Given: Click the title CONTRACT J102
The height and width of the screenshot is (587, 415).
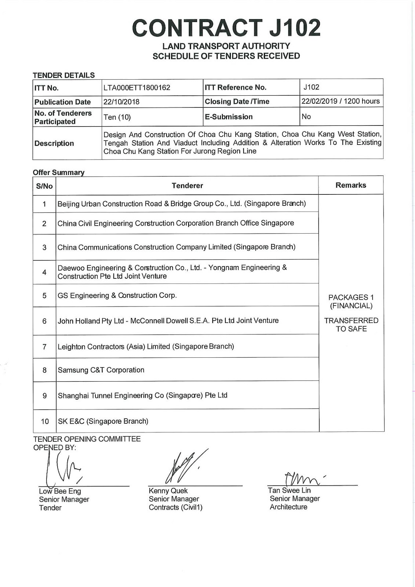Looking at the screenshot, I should [226, 28].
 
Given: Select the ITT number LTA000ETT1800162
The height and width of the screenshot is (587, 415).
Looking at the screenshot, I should [136, 88].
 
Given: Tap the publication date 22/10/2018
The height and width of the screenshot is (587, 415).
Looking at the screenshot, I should [121, 102].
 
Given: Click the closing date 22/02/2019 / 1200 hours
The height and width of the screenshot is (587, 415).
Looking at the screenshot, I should [341, 101].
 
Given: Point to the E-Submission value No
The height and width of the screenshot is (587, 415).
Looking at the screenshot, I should [306, 117].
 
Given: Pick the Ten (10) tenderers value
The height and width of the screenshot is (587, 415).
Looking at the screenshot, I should [117, 117].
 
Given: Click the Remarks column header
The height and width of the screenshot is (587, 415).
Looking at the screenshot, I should [350, 185].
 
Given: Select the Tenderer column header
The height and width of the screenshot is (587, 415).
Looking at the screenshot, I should [187, 186].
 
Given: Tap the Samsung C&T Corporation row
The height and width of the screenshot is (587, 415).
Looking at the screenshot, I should [101, 370].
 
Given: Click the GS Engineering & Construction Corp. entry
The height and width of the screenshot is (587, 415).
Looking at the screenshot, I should [117, 295].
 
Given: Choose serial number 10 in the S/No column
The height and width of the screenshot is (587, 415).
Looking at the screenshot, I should [45, 421].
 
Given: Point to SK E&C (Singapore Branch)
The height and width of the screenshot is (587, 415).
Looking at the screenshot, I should [103, 421].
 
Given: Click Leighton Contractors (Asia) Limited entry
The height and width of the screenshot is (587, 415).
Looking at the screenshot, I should [146, 346].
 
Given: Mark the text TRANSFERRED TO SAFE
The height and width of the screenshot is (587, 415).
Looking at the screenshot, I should [351, 325].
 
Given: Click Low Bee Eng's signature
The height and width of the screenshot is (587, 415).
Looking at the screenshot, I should [62, 468].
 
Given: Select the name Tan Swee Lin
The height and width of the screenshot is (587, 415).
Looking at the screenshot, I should [289, 491].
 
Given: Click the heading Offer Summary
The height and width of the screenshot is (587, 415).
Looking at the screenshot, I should [58, 172].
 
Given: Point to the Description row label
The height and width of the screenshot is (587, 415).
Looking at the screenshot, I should [54, 143].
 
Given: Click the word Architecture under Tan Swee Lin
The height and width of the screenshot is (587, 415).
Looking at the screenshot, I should [288, 507].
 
